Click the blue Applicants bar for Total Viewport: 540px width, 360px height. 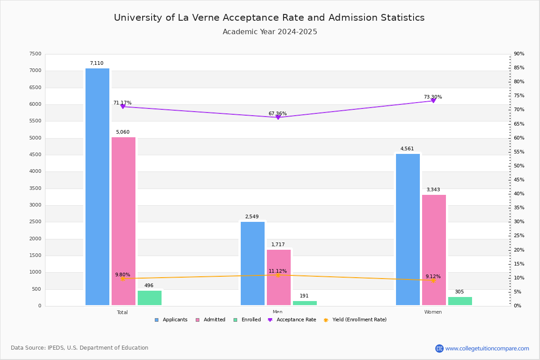[x=97, y=187]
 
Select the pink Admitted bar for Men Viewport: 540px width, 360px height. [x=279, y=278]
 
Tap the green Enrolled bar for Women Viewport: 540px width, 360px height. [x=460, y=301]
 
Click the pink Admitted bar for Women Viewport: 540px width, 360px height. [x=434, y=250]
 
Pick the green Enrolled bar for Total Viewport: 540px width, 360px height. [x=149, y=298]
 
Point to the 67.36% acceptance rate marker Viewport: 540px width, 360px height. [x=278, y=117]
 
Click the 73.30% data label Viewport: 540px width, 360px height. [x=433, y=97]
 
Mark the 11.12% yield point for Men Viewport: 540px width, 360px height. [x=278, y=275]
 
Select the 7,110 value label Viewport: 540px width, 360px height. [x=96, y=63]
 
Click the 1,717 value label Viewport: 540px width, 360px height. [x=278, y=245]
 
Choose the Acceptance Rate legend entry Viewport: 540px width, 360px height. [x=292, y=320]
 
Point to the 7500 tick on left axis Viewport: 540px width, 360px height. [x=35, y=54]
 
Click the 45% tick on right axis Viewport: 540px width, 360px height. [x=519, y=180]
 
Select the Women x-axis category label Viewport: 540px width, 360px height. [x=433, y=312]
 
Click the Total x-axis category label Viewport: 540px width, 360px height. [x=122, y=312]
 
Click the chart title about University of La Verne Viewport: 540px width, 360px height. [x=269, y=18]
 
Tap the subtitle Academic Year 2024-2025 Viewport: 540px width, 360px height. [x=270, y=32]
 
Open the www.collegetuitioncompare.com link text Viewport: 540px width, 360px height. [x=487, y=348]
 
